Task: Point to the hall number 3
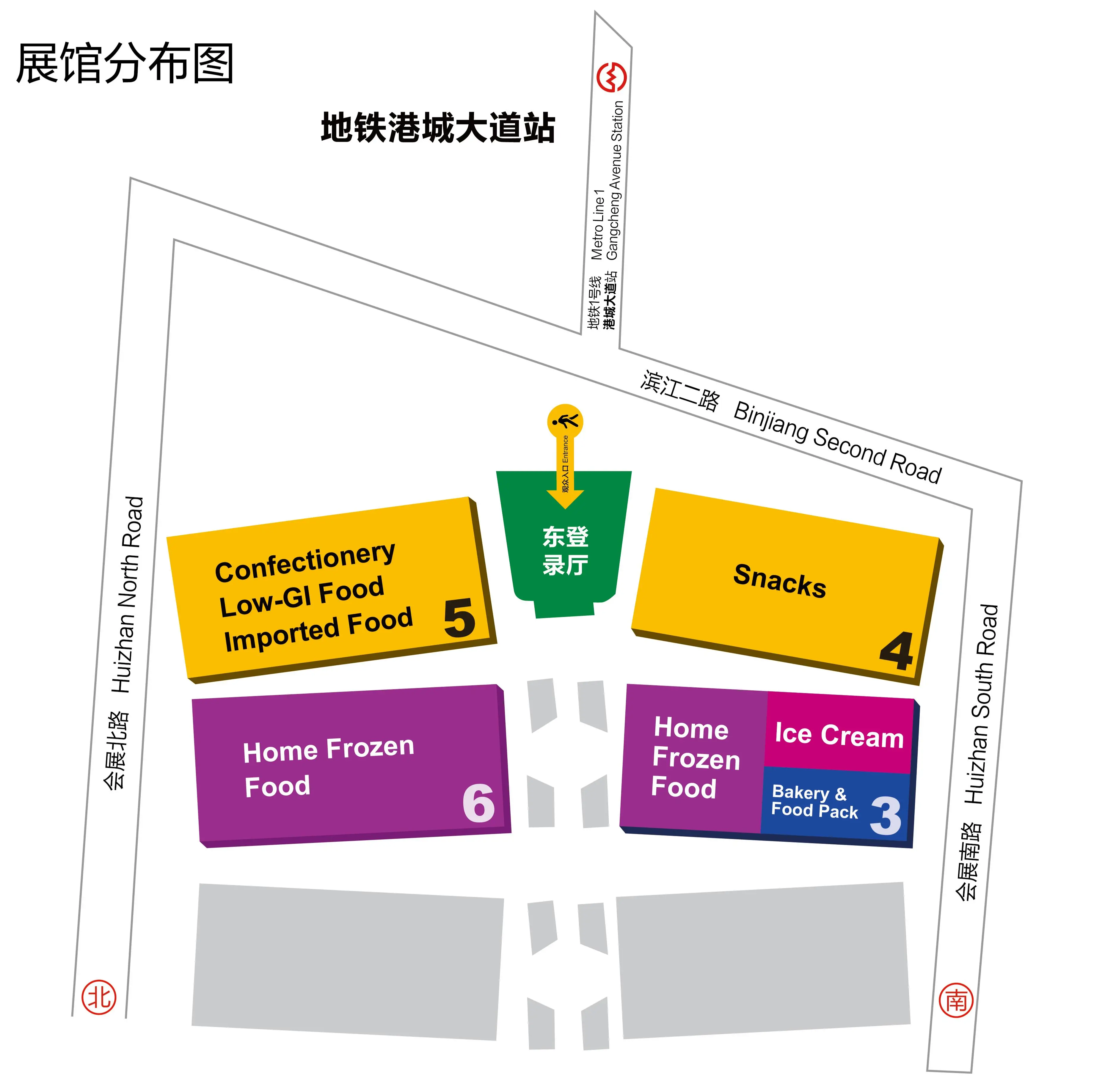pyautogui.click(x=886, y=816)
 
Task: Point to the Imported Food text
pyautogui.click(x=318, y=630)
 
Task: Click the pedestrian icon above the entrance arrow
pyautogui.click(x=565, y=422)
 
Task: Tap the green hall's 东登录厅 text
pyautogui.click(x=565, y=550)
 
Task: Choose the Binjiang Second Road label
pyautogui.click(x=837, y=442)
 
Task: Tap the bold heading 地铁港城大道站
pyautogui.click(x=438, y=128)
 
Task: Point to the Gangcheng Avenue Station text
pyautogui.click(x=615, y=180)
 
